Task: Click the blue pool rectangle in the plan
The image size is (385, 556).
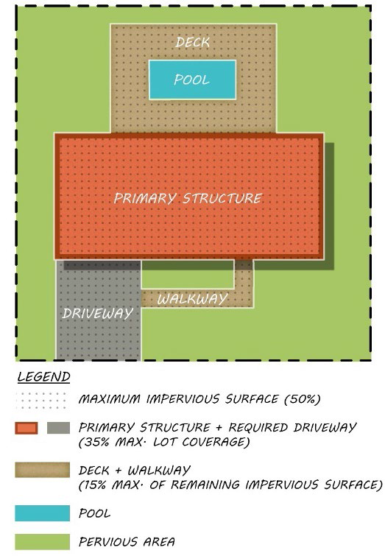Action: click(192, 80)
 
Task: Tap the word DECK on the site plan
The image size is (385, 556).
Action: click(193, 43)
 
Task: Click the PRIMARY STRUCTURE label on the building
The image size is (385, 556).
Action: click(188, 198)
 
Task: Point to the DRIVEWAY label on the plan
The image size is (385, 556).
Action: click(97, 313)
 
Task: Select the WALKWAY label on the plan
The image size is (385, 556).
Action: click(192, 299)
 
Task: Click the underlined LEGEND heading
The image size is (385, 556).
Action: click(44, 376)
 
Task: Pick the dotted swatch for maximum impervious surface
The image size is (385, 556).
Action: click(42, 400)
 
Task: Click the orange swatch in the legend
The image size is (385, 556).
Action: click(27, 428)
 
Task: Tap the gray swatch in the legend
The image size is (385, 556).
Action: click(58, 428)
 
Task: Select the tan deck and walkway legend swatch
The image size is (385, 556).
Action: click(42, 470)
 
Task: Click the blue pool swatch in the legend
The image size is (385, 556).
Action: click(42, 513)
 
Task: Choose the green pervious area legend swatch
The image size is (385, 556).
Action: click(42, 542)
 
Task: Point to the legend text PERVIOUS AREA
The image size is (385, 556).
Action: click(127, 542)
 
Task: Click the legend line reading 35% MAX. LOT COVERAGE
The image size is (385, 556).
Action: click(164, 442)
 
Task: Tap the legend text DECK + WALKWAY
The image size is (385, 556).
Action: click(135, 471)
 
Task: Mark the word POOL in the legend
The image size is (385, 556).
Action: click(94, 513)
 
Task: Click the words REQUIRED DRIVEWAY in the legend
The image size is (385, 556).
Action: click(292, 427)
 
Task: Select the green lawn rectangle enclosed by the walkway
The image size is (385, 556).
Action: click(188, 275)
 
